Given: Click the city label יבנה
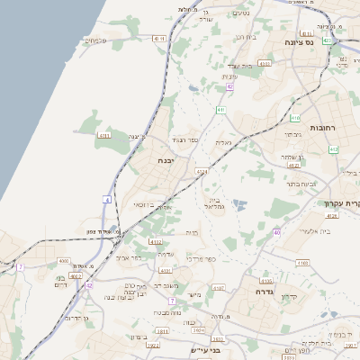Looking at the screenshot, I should tap(166, 160).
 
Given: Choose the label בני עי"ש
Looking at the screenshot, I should tap(205, 349).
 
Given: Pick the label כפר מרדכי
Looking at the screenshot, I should tap(201, 258).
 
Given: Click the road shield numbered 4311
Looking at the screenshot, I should tap(104, 136).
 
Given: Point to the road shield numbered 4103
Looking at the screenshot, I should tap(302, 263).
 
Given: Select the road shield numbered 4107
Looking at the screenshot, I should tap(219, 288).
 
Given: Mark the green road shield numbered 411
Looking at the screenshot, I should tap(220, 110).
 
